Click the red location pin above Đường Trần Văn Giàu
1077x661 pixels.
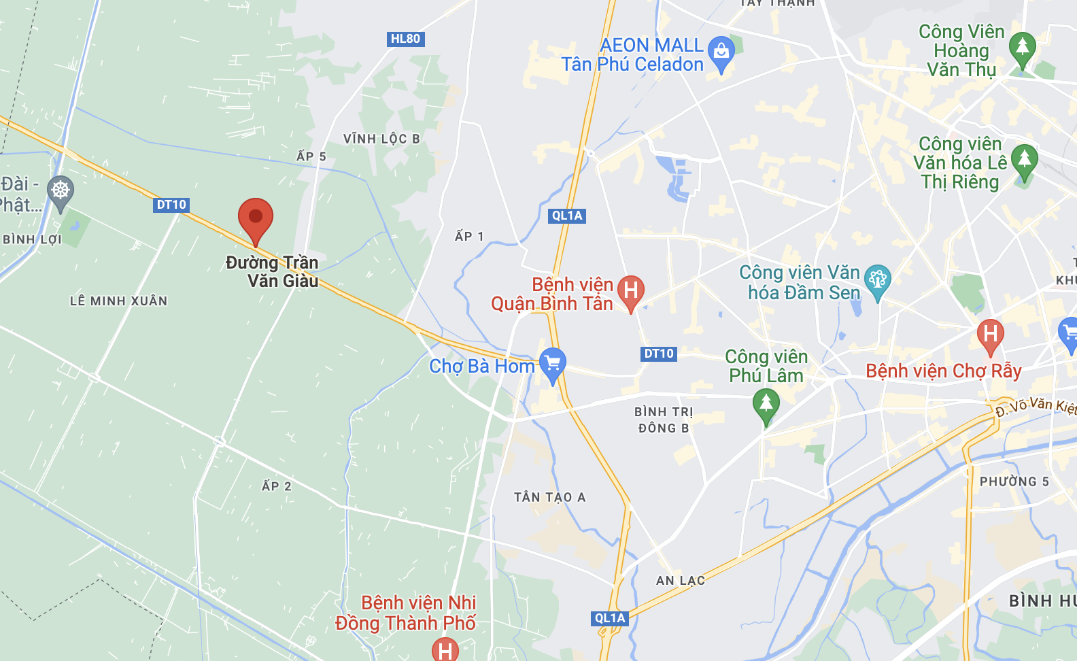click(256, 218)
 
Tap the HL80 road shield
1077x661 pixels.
click(406, 39)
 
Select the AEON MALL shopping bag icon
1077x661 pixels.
click(721, 52)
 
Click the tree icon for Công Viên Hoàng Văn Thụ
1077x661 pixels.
click(1022, 48)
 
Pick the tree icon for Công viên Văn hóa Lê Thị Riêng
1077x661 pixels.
click(1024, 160)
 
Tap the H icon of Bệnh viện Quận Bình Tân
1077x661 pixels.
click(630, 290)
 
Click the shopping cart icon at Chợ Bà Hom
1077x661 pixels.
click(553, 362)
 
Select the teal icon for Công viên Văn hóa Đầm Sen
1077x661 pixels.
click(877, 279)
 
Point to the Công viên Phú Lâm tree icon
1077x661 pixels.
click(766, 403)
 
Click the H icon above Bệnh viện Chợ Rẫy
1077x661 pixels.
click(990, 334)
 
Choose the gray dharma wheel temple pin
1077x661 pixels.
click(61, 190)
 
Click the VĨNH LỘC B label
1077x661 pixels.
click(381, 139)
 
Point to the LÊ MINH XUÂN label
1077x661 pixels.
click(118, 301)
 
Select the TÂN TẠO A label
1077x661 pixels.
click(549, 497)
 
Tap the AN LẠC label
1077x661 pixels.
click(680, 580)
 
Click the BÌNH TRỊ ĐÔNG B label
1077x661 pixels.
click(664, 420)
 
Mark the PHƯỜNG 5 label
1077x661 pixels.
click(1014, 481)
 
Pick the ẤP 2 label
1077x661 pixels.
click(277, 486)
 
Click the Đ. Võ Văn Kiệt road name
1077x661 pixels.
click(1035, 406)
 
